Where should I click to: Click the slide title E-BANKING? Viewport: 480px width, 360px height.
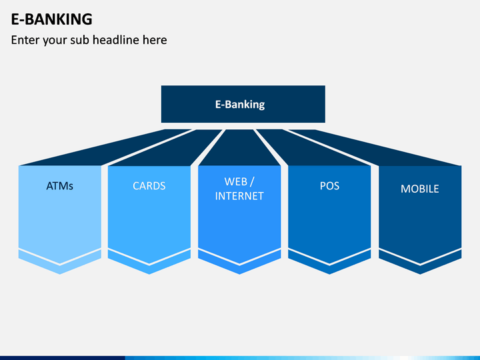point(51,19)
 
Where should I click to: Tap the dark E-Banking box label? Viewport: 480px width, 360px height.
point(240,105)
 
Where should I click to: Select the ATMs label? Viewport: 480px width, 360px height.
point(60,186)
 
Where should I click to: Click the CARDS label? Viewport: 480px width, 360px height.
point(149,186)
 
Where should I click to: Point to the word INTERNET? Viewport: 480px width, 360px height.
point(239,196)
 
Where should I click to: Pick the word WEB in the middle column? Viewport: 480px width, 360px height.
point(236,181)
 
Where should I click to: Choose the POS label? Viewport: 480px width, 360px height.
point(330,186)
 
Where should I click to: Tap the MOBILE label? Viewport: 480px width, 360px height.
point(420,189)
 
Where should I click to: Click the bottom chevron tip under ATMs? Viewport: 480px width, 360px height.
point(60,274)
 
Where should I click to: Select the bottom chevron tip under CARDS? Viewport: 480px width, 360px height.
point(149,274)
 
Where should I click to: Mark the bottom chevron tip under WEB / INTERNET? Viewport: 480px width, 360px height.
point(239,274)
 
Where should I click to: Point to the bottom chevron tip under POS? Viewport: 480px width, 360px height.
point(329,274)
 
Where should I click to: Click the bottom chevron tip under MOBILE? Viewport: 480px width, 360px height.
point(420,274)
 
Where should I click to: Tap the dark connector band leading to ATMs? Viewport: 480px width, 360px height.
point(105,147)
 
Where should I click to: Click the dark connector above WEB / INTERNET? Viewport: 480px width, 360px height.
point(239,147)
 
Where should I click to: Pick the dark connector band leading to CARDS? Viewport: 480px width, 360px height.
point(165,147)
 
